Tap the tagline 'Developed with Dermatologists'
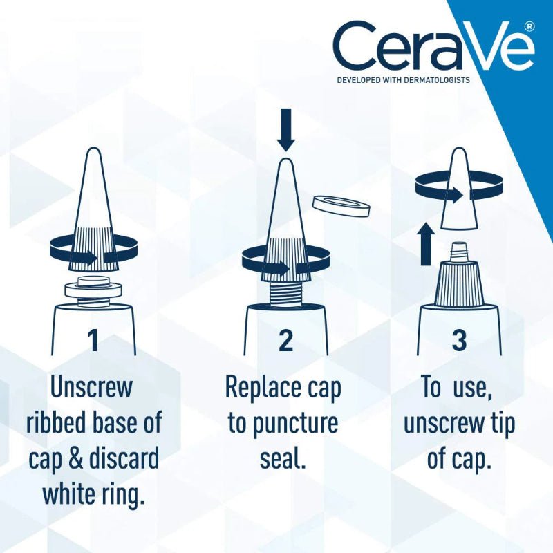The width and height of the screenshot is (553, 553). pyautogui.click(x=403, y=80)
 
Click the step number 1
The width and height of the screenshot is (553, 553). pyautogui.click(x=93, y=340)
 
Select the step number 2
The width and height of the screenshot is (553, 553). pyautogui.click(x=285, y=340)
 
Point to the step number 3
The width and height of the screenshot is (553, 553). pyautogui.click(x=459, y=340)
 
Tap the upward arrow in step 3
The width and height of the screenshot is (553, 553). pyautogui.click(x=427, y=243)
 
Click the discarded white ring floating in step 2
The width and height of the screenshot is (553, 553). pyautogui.click(x=340, y=205)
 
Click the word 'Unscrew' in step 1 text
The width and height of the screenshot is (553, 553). pyautogui.click(x=91, y=388)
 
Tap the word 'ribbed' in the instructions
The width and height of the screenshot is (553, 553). pyautogui.click(x=57, y=423)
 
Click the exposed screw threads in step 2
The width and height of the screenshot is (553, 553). pyautogui.click(x=285, y=291)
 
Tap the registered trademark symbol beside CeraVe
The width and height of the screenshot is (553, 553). pyautogui.click(x=529, y=26)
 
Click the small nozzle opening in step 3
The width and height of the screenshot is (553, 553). pyautogui.click(x=459, y=247)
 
